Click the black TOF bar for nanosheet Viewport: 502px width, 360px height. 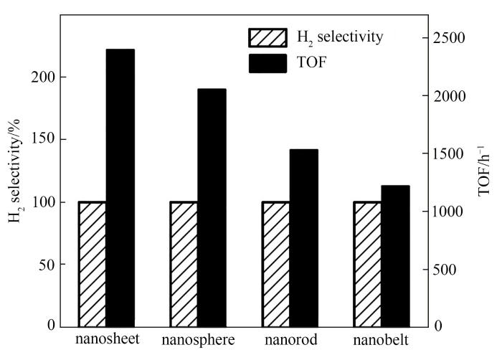120,187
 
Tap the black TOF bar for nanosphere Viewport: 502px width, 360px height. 212,207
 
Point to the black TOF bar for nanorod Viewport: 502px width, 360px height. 303,237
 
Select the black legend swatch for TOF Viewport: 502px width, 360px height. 268,63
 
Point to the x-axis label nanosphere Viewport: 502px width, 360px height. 199,338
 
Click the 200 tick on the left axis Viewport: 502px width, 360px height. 45,77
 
